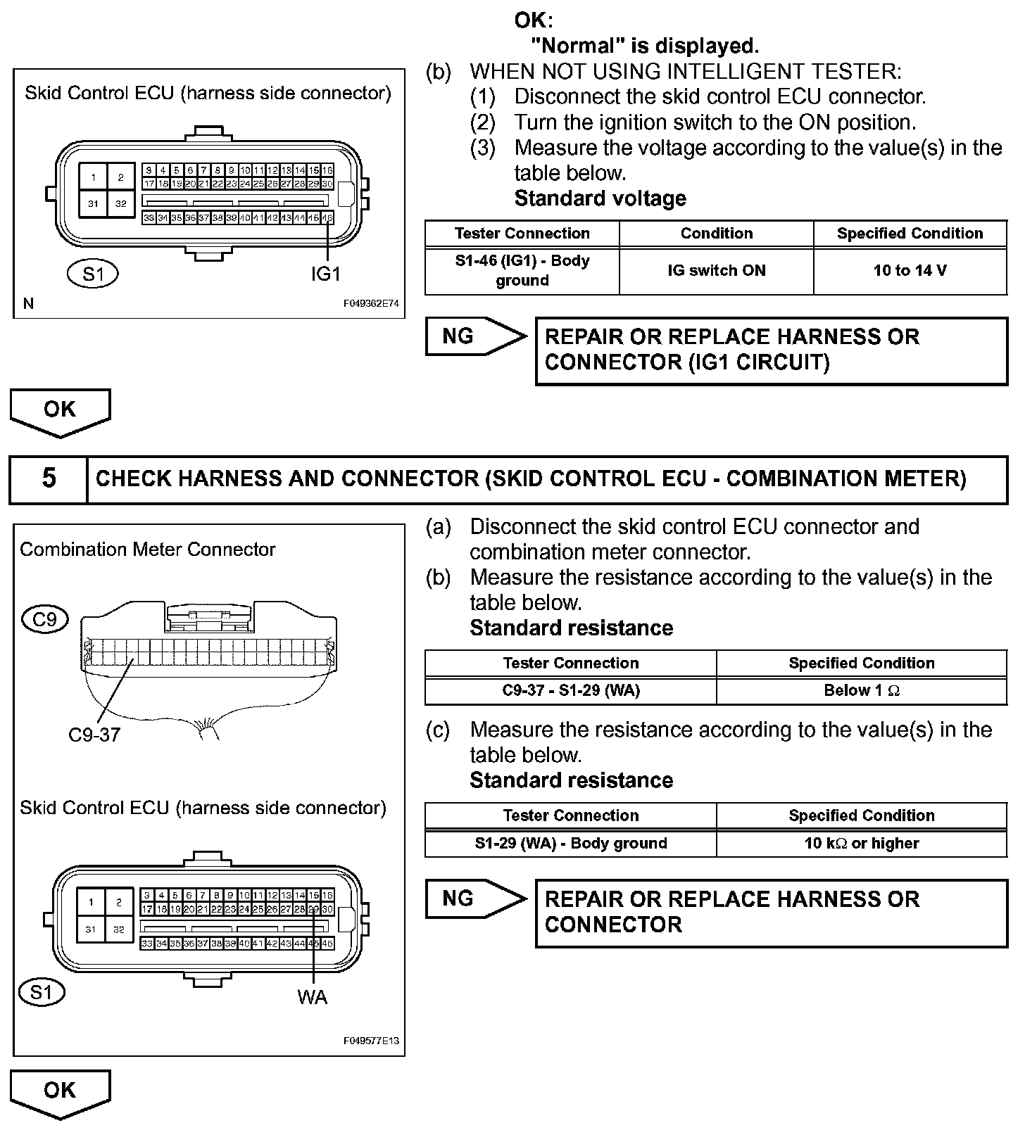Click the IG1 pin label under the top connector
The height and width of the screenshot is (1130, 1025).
pyautogui.click(x=325, y=274)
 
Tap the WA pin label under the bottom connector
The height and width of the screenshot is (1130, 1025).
pyautogui.click(x=312, y=996)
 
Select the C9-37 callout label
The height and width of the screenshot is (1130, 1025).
pyautogui.click(x=94, y=735)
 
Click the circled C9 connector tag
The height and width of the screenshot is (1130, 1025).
pyautogui.click(x=45, y=619)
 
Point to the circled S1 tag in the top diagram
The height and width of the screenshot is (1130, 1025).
pyautogui.click(x=92, y=273)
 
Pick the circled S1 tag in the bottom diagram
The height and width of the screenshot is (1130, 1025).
pyautogui.click(x=42, y=992)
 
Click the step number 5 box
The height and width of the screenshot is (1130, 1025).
pyautogui.click(x=49, y=479)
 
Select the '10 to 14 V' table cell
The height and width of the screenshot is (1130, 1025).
pyautogui.click(x=910, y=271)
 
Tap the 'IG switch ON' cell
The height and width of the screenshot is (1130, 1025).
pyautogui.click(x=716, y=271)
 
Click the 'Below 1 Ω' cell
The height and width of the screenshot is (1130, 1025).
pyautogui.click(x=861, y=690)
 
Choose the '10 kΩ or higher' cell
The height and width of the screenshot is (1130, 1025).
pyautogui.click(x=861, y=843)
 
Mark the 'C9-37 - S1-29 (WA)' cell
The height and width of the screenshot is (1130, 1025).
pyautogui.click(x=570, y=690)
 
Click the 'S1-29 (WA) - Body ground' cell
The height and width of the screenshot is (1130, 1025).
pyautogui.click(x=570, y=843)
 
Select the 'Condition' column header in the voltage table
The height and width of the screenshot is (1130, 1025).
pyautogui.click(x=716, y=234)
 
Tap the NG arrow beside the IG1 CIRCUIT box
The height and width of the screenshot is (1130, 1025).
pyautogui.click(x=475, y=336)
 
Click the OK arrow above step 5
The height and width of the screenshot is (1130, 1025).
pyautogui.click(x=60, y=410)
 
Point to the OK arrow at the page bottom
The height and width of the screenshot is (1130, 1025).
pyautogui.click(x=60, y=1091)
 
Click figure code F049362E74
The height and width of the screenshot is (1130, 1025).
pyautogui.click(x=371, y=304)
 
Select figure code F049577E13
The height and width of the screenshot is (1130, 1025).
pyautogui.click(x=371, y=1041)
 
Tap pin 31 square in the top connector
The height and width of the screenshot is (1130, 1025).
pyautogui.click(x=93, y=204)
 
